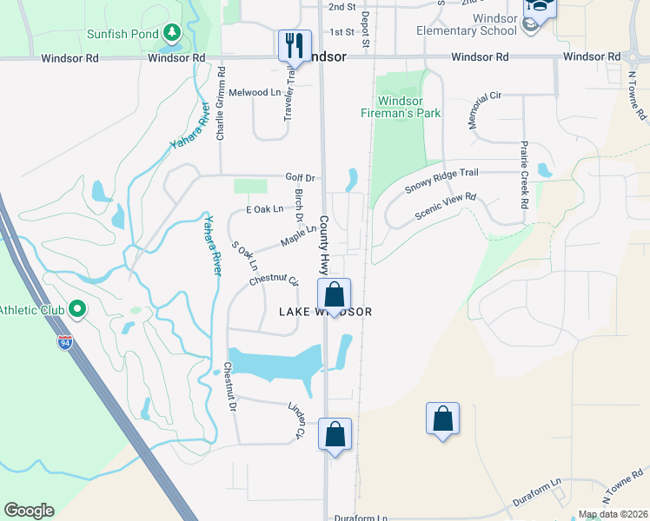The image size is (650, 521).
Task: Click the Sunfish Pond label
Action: tap(122, 35)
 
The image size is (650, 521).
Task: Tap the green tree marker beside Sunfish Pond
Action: tap(172, 34)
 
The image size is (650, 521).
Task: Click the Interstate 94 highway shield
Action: tap(65, 341)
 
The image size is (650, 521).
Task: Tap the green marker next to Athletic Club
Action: tap(76, 308)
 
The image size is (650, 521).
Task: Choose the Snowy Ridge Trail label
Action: tap(441, 182)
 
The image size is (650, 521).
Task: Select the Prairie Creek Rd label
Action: tap(524, 174)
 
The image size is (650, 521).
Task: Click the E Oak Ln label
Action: tap(264, 209)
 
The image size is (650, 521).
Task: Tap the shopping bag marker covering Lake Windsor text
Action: tap(335, 295)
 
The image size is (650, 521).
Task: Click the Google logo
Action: tap(29, 511)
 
